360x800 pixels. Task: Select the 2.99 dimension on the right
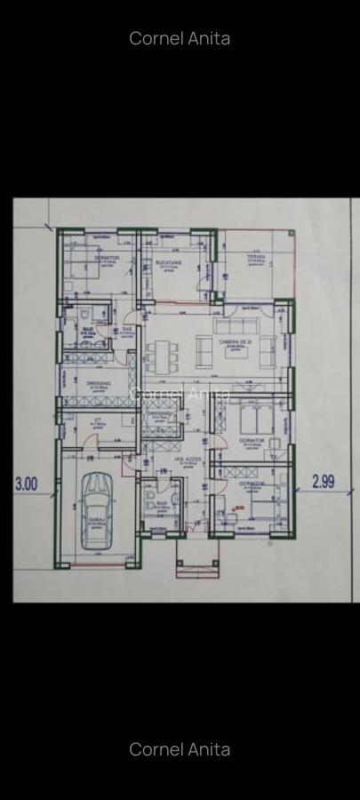pyautogui.click(x=324, y=481)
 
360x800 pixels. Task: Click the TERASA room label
pyautogui.click(x=256, y=258)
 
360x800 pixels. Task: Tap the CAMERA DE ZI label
pyautogui.click(x=236, y=341)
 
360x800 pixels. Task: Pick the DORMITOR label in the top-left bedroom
pyautogui.click(x=107, y=258)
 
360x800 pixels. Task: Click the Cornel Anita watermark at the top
pyautogui.click(x=180, y=38)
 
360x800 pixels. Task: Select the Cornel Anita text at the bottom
pyautogui.click(x=180, y=749)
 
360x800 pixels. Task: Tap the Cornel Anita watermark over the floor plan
pyautogui.click(x=180, y=394)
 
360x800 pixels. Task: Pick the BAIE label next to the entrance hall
pyautogui.click(x=162, y=503)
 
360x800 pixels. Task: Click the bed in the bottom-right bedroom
pyautogui.click(x=258, y=507)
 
